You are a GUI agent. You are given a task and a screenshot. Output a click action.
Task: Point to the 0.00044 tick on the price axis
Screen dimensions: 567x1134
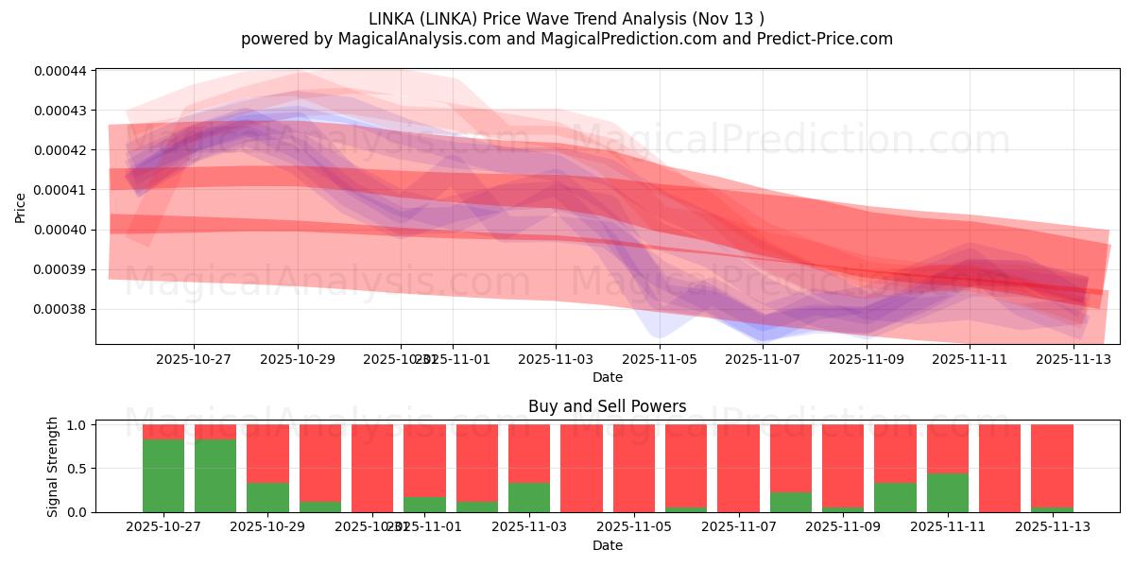(60, 71)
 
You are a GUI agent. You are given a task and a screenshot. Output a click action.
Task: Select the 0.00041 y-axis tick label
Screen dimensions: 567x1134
(60, 190)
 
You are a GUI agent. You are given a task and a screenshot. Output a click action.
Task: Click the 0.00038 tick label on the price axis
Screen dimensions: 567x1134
(60, 309)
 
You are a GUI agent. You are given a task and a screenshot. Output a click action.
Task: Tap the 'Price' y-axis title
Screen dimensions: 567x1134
(21, 207)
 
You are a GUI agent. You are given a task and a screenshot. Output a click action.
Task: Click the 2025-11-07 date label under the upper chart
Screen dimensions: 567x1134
(763, 359)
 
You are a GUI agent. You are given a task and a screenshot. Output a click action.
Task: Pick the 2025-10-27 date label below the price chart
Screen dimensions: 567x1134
(194, 359)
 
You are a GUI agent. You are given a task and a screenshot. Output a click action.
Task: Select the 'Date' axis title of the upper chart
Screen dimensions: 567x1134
(607, 377)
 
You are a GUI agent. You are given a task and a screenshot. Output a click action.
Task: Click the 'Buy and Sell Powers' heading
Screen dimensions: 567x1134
(607, 406)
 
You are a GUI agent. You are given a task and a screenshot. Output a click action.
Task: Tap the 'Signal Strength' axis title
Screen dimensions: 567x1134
(53, 467)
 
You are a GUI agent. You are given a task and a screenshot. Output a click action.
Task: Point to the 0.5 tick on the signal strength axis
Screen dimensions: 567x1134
(77, 469)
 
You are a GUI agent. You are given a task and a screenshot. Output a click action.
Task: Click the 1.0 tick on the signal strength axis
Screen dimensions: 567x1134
(77, 425)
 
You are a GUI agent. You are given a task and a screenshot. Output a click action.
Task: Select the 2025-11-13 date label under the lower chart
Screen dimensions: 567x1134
(1052, 527)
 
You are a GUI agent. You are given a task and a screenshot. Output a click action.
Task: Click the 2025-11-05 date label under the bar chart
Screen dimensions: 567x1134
(633, 527)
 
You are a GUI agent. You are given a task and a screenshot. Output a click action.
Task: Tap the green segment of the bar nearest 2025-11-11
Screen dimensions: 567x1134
(948, 492)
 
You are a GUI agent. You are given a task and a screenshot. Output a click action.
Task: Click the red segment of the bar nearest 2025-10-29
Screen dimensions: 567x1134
(267, 454)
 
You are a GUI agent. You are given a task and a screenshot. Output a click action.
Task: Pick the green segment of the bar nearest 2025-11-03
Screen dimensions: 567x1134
(529, 497)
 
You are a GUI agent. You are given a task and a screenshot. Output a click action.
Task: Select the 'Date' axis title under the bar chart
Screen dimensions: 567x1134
(607, 545)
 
